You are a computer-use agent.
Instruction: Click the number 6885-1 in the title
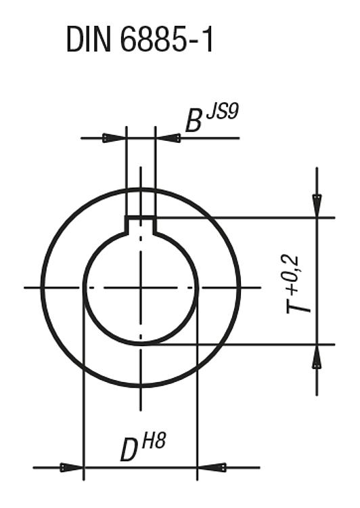(x=166, y=39)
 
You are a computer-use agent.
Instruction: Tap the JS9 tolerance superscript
(x=222, y=112)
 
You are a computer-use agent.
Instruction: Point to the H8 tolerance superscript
(x=154, y=441)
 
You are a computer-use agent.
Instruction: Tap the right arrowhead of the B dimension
(x=168, y=138)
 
